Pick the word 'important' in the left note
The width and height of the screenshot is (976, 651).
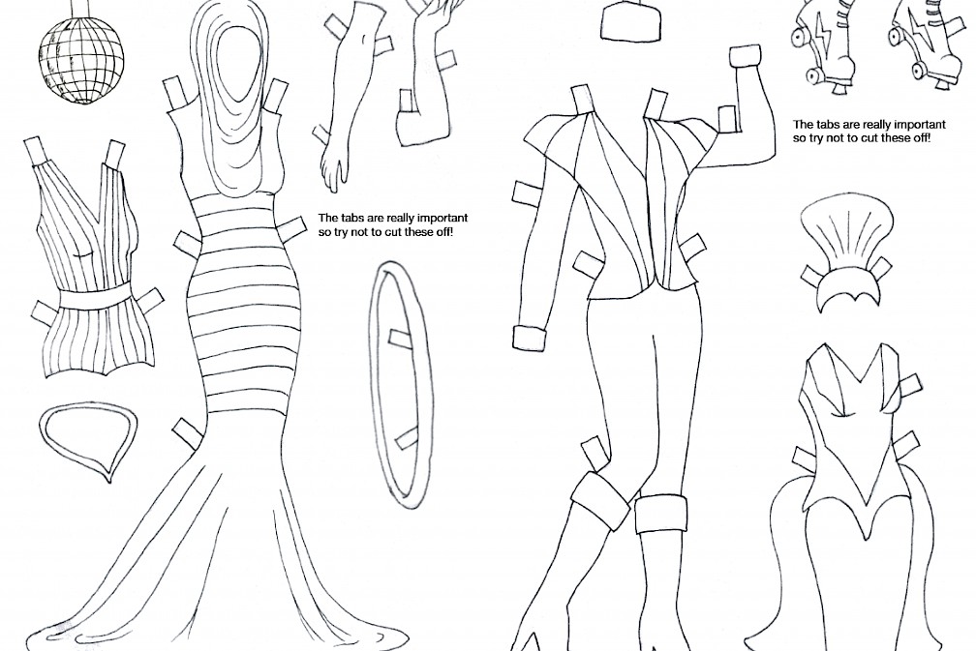pyautogui.click(x=442, y=219)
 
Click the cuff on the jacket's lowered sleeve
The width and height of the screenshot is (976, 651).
pyautogui.click(x=531, y=339)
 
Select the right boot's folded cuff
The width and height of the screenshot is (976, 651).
pyautogui.click(x=661, y=513)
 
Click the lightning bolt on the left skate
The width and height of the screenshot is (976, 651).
pyautogui.click(x=818, y=39)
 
